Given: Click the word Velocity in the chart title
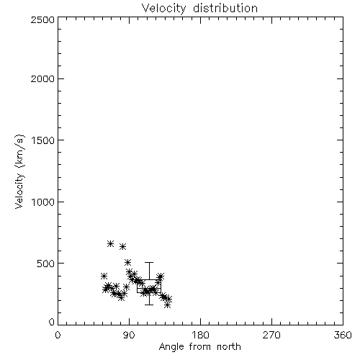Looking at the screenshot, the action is (x=163, y=9).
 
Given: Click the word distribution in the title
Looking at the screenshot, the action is (x=225, y=8).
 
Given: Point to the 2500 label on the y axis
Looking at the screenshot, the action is (x=42, y=19).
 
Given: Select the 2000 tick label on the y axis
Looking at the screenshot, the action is (x=42, y=78).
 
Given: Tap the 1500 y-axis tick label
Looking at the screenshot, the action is (x=43, y=140).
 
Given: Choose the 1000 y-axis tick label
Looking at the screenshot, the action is (x=43, y=202).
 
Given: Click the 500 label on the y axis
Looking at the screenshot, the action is (x=45, y=264).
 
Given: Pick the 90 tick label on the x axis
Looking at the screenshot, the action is (x=129, y=335).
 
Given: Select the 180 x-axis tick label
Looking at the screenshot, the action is (x=200, y=335).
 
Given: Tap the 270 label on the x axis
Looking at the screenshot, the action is (x=271, y=335).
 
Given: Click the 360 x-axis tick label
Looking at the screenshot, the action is (x=343, y=335).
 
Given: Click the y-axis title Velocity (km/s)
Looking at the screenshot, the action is (x=19, y=171).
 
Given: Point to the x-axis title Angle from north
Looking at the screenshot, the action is (x=200, y=346).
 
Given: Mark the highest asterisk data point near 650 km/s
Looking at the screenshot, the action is (x=110, y=243).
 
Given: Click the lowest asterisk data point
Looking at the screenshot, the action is (x=168, y=305).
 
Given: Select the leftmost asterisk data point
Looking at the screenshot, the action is (x=104, y=276).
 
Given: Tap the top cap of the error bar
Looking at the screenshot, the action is (x=149, y=263).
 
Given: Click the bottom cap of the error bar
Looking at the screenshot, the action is (x=149, y=305).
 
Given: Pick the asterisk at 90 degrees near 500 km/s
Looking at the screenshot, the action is (x=127, y=262).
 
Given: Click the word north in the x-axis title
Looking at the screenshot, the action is (x=229, y=346).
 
